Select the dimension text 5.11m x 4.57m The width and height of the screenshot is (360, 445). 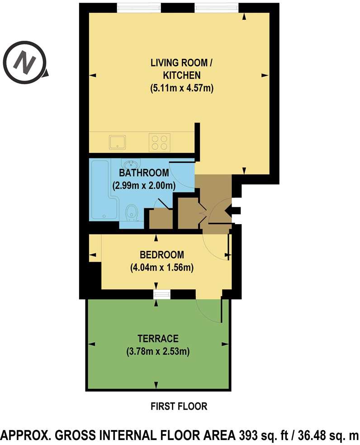(x=181, y=89)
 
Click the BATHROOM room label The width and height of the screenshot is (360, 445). (x=144, y=173)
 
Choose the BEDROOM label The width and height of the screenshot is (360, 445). (x=161, y=254)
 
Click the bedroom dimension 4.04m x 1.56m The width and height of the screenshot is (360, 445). (x=161, y=268)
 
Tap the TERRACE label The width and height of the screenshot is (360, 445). (x=158, y=338)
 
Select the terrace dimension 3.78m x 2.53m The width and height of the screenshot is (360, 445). (x=158, y=351)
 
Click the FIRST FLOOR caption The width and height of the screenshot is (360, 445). (x=179, y=407)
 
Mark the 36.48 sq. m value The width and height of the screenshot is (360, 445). (x=325, y=435)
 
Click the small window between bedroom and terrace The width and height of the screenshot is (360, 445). (x=161, y=295)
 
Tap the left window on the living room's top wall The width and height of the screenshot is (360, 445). (x=139, y=8)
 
